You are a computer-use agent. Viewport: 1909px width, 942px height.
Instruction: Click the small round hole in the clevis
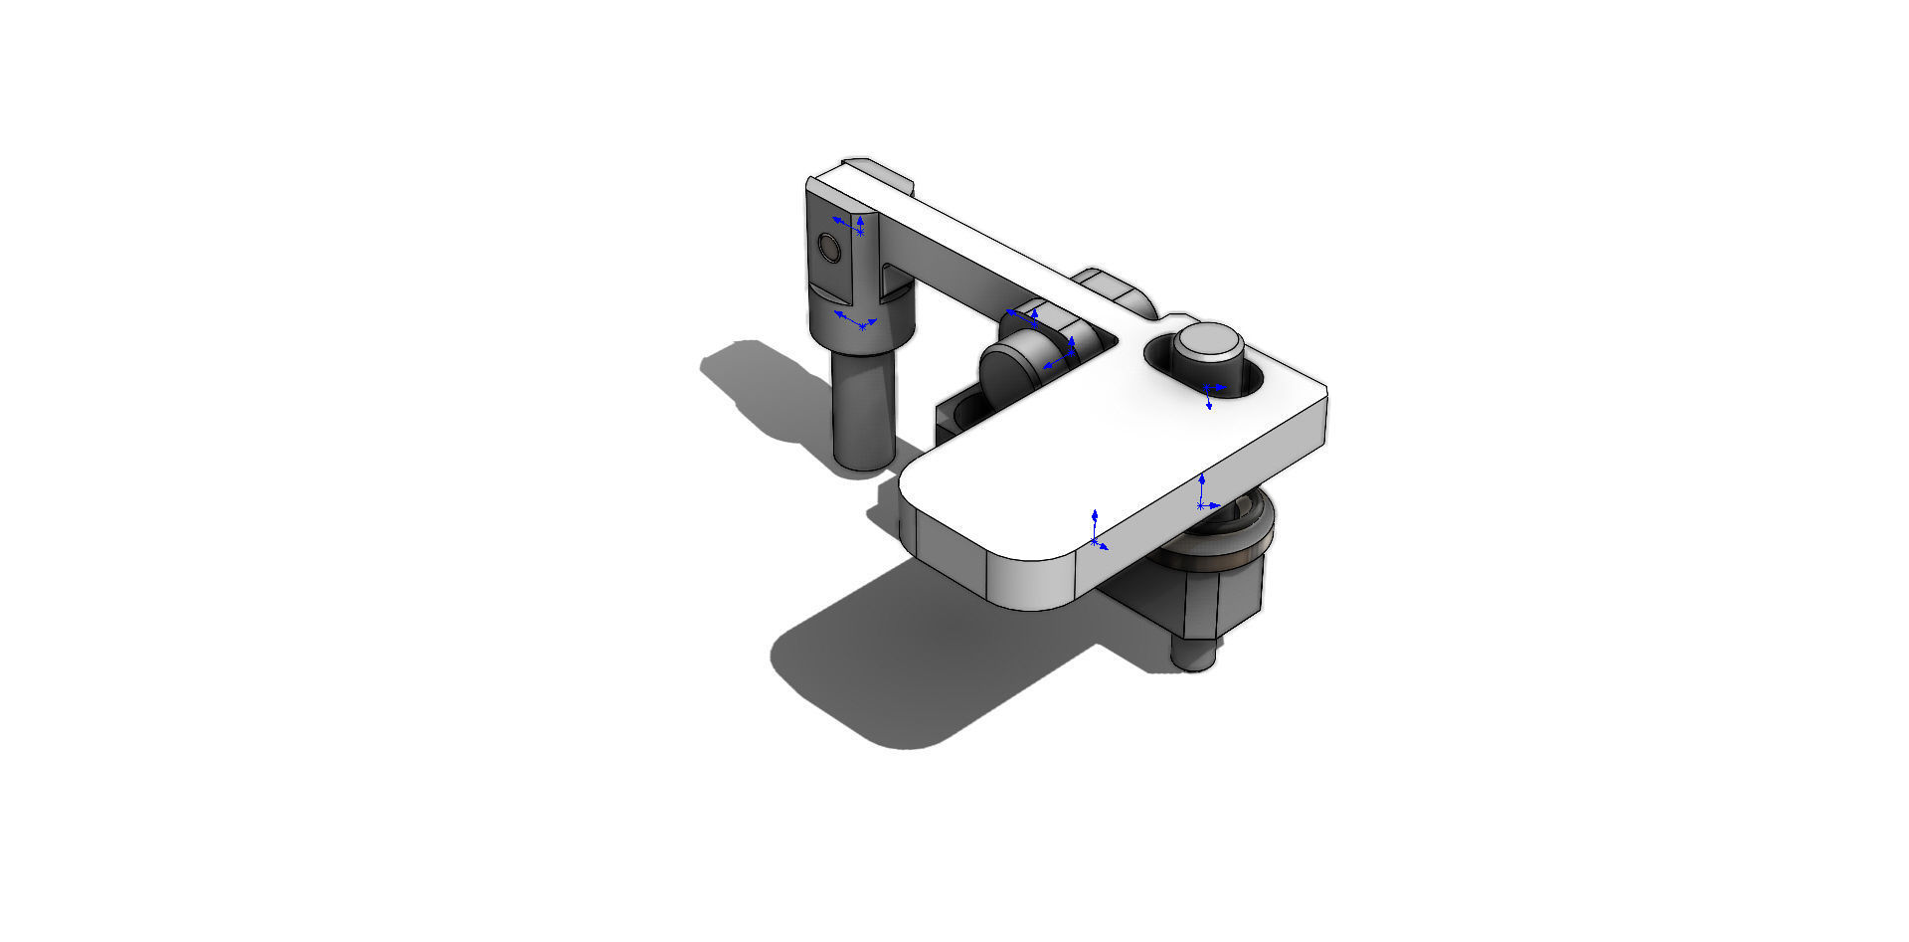[x=828, y=247]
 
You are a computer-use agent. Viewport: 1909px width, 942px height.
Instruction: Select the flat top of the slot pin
[x=1208, y=341]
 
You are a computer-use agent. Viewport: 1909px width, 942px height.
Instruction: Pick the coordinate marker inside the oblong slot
[x=1208, y=392]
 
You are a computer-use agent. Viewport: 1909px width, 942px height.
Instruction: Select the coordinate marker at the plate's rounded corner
[x=1096, y=531]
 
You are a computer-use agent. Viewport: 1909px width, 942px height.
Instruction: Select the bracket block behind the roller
[x=954, y=418]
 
